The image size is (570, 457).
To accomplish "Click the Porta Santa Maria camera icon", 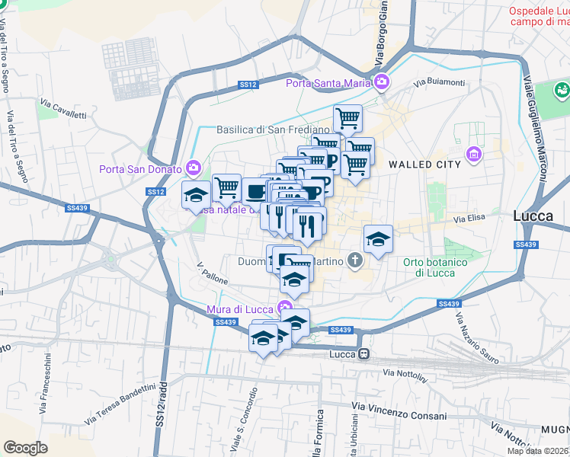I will pyautogui.click(x=382, y=82).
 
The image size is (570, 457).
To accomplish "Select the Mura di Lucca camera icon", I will pyautogui.click(x=286, y=308).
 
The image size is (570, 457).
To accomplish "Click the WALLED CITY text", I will pyautogui.click(x=424, y=164).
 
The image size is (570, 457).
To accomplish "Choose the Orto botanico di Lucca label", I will pyautogui.click(x=435, y=267).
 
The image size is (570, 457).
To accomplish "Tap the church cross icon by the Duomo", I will pyautogui.click(x=354, y=260).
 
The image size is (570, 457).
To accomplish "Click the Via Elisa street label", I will pyautogui.click(x=469, y=219).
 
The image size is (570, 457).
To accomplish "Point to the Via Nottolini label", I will pyautogui.click(x=408, y=373).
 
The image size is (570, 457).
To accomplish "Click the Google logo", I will pyautogui.click(x=25, y=447).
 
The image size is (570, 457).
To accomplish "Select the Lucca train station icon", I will pyautogui.click(x=365, y=354).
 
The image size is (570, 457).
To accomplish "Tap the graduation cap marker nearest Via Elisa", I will pyautogui.click(x=377, y=238).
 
